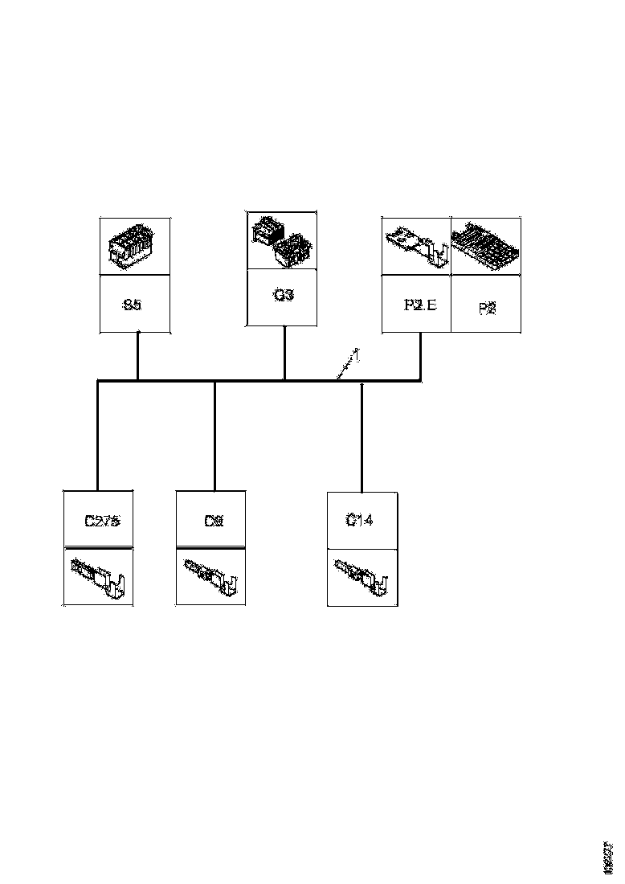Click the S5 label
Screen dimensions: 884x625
(133, 305)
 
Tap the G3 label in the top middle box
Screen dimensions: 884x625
(283, 295)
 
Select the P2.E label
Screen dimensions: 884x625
(419, 305)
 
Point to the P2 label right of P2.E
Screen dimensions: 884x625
(487, 309)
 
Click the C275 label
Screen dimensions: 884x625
(102, 521)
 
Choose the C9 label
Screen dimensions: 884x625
(213, 521)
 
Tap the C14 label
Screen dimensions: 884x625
(359, 520)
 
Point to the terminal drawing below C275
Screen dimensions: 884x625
(100, 576)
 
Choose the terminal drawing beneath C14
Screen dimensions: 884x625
(362, 577)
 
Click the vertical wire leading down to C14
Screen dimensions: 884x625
(362, 438)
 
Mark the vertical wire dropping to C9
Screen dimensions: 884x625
(214, 438)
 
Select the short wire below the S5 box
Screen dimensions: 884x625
(137, 356)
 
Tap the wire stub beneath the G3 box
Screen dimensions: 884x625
(285, 353)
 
